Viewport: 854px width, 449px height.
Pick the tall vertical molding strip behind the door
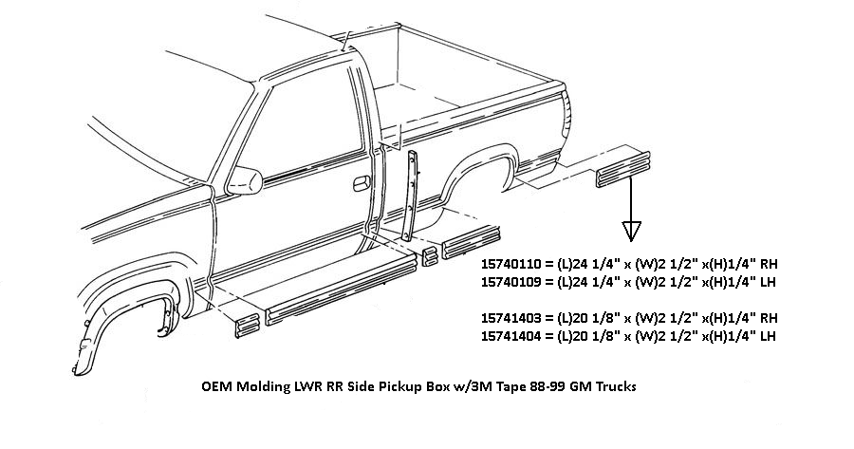[411, 196]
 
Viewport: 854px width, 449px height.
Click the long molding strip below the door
[342, 290]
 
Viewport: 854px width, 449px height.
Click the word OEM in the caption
[217, 388]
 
